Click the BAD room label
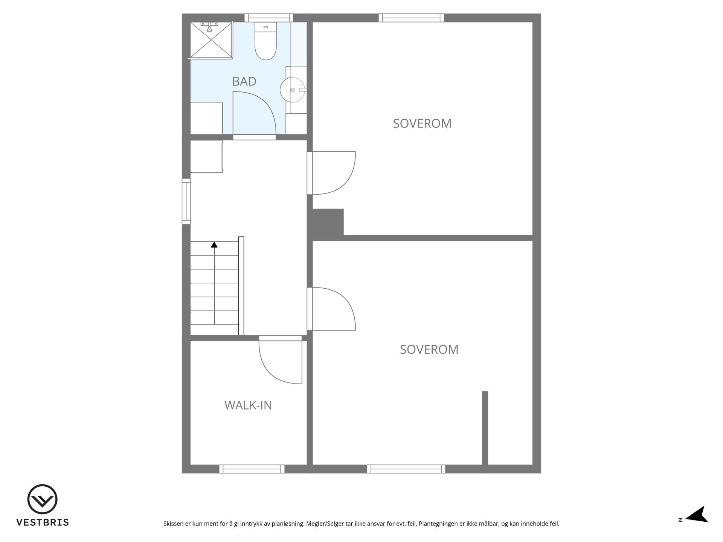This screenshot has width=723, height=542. coord(244,81)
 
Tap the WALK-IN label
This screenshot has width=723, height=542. coord(248,405)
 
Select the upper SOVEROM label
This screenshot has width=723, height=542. coord(422,123)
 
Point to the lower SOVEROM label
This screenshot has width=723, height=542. coord(429,350)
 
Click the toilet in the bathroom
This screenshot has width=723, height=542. coord(265,41)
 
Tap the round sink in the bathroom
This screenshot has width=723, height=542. coord(293,90)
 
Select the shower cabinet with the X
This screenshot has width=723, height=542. coord(211,40)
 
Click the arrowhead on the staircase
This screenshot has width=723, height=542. coord(214,245)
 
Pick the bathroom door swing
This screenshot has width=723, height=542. coord(255,113)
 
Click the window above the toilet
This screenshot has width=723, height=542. coord(268,18)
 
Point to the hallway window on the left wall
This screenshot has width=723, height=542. coord(186,201)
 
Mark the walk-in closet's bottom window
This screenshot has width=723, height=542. coord(252,469)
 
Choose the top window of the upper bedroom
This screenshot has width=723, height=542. coord(411,18)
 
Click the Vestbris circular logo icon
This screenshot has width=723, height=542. coord(42,499)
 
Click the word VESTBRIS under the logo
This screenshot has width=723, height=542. coord(43,522)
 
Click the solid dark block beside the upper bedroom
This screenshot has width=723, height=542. coord(328,222)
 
